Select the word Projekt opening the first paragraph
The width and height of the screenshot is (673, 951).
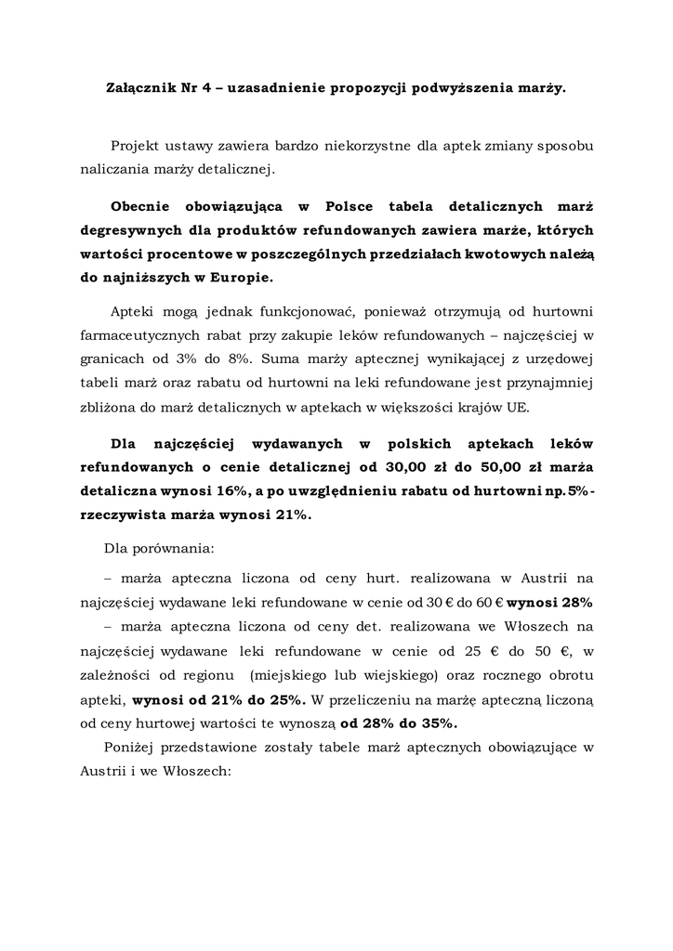[136, 146]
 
